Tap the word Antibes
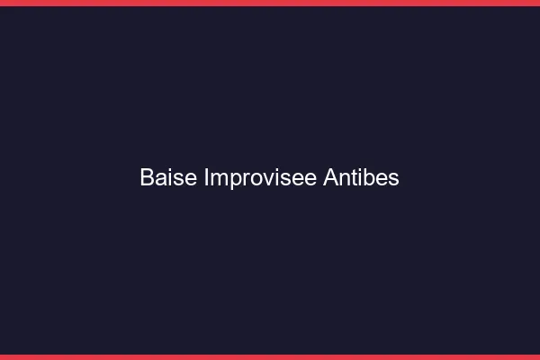[361, 178]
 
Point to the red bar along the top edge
[270, 3]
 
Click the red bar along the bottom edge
[270, 357]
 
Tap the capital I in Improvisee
[207, 178]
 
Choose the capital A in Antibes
[330, 178]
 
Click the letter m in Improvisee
[219, 179]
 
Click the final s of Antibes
[393, 179]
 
